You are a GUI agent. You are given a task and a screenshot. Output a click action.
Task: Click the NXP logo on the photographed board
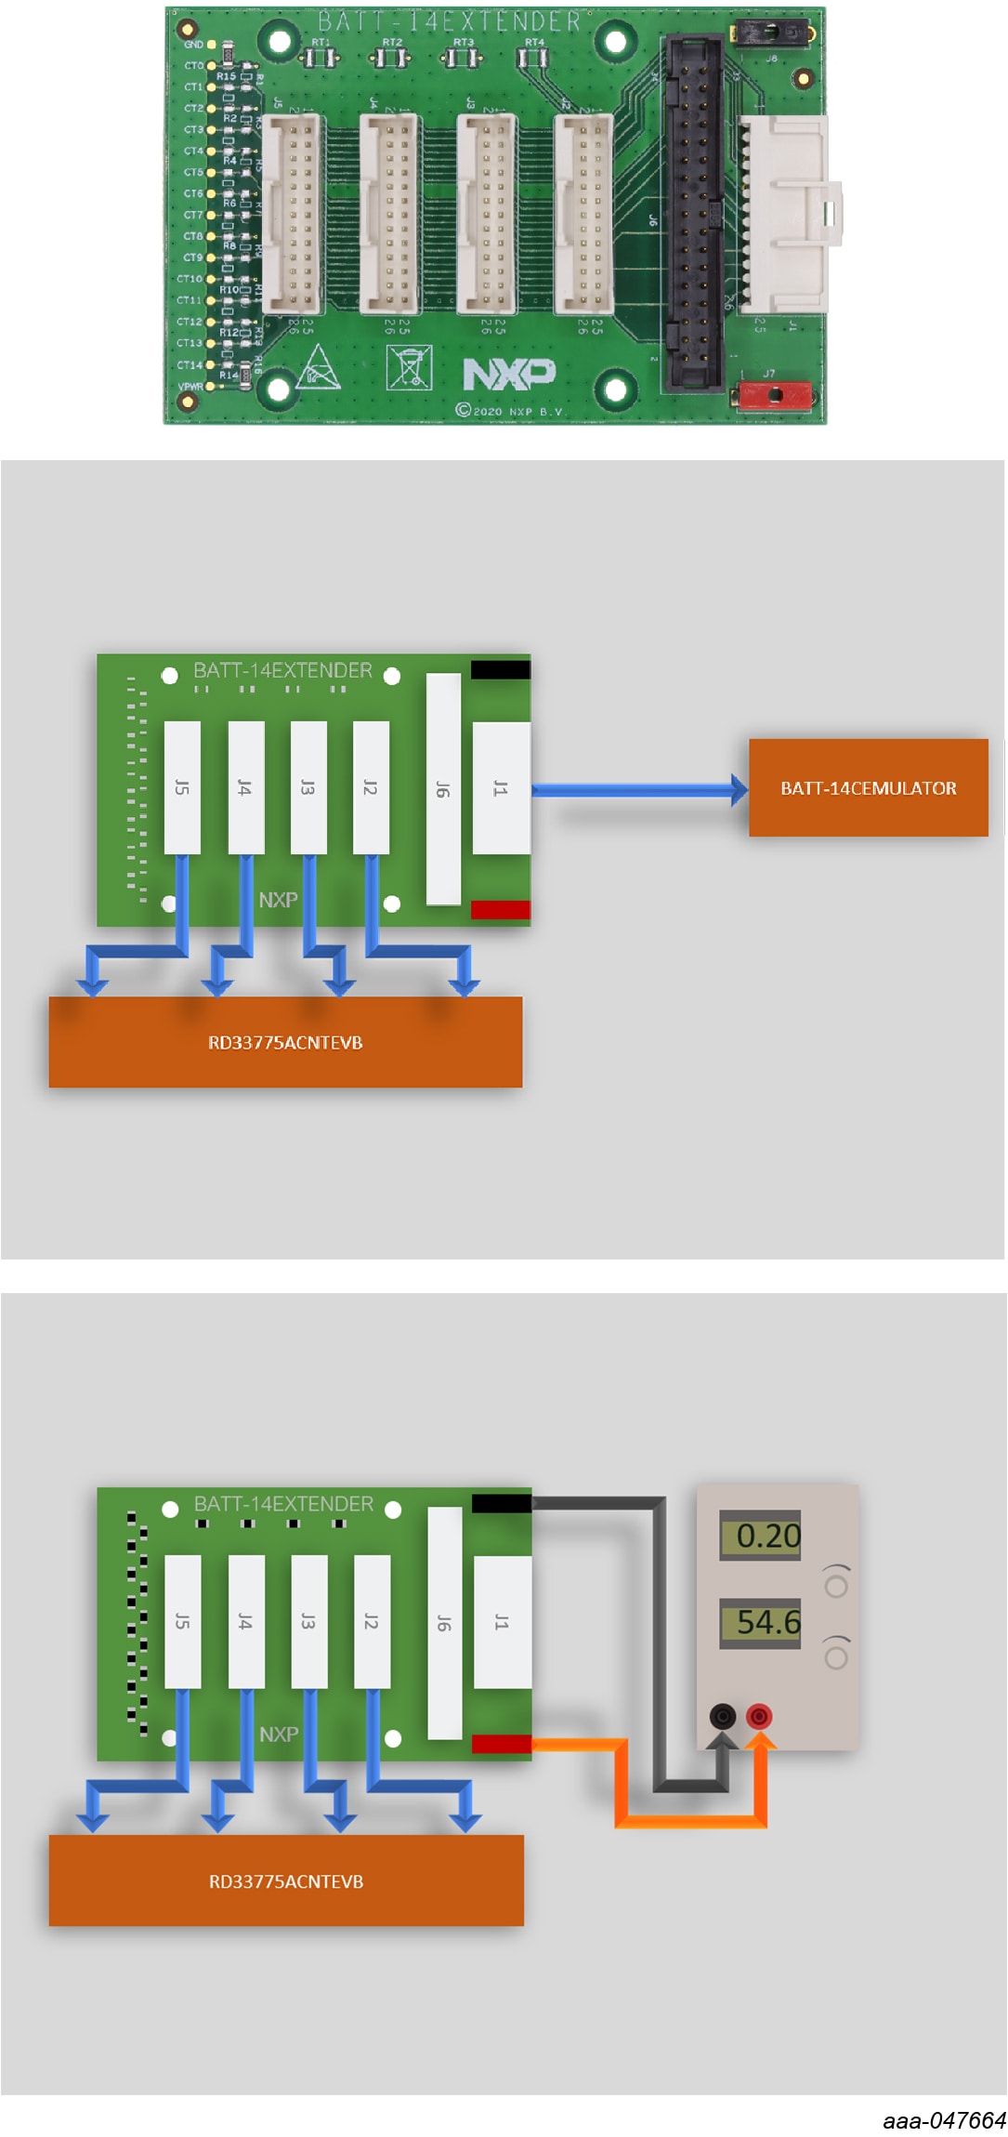tap(509, 374)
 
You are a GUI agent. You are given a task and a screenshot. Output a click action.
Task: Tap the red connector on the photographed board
tap(775, 395)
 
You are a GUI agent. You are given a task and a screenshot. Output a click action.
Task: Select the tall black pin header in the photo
tap(692, 212)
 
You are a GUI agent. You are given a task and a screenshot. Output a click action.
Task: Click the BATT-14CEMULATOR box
tap(868, 788)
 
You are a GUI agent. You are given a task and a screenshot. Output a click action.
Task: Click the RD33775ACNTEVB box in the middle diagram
tap(285, 1042)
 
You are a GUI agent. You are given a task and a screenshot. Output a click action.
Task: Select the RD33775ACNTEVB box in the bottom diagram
tap(286, 1880)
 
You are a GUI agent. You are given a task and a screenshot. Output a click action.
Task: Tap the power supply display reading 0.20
tap(761, 1536)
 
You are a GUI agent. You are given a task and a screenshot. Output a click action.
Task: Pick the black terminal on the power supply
tap(723, 1716)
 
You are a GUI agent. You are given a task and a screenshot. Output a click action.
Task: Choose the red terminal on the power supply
tap(759, 1716)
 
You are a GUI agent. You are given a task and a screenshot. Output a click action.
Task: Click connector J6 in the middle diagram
tap(443, 789)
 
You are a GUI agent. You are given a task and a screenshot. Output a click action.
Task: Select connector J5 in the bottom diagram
tap(182, 1621)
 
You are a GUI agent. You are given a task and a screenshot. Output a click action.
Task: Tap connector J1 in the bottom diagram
tap(502, 1622)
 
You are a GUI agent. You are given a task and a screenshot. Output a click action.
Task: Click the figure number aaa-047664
tap(944, 2120)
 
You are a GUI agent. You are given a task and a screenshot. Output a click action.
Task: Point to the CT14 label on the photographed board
tap(190, 365)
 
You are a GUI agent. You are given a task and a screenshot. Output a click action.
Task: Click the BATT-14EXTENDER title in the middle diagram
tap(282, 670)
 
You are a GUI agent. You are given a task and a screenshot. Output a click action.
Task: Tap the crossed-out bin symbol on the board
tap(409, 368)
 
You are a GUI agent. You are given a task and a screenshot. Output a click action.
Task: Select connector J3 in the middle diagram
tap(308, 787)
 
